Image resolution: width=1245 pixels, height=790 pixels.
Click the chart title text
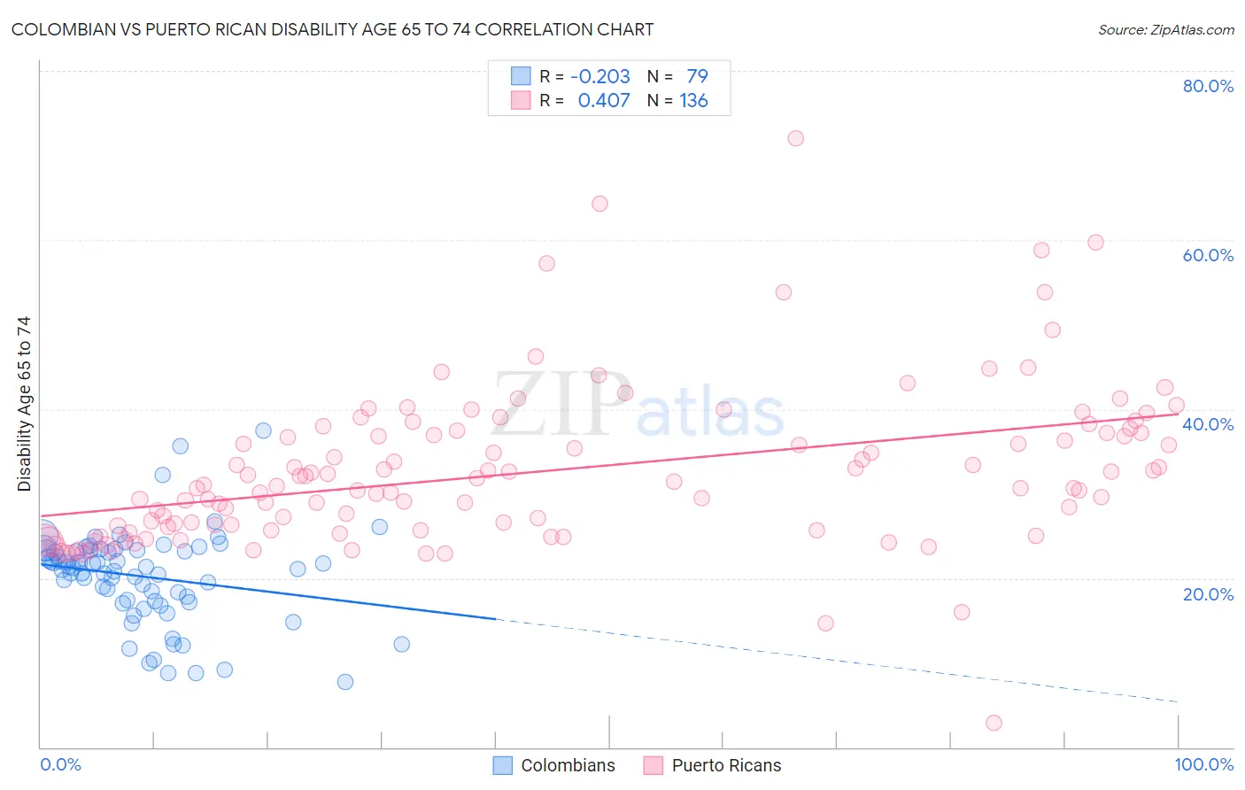[332, 29]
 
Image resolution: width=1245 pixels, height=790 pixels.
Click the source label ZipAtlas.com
[1165, 29]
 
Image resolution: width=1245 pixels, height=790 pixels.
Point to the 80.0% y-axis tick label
[1208, 86]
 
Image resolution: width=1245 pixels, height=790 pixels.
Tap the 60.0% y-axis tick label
[1208, 255]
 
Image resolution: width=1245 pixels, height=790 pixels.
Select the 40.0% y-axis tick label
[1208, 424]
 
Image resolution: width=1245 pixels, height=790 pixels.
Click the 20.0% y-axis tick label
[1208, 593]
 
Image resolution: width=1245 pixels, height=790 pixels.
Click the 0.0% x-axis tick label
[60, 764]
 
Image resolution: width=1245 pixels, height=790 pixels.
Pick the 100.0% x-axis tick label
[1204, 764]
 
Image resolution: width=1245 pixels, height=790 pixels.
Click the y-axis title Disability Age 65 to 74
[24, 403]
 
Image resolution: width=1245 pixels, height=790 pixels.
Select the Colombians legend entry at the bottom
[554, 765]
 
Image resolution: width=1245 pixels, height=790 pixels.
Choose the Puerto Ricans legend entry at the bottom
[713, 765]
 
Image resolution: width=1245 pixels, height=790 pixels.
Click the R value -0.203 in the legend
[599, 76]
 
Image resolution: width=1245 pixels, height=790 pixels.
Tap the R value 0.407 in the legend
[603, 100]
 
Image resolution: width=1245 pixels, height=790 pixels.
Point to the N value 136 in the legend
[693, 100]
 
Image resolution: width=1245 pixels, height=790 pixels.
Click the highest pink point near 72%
[795, 138]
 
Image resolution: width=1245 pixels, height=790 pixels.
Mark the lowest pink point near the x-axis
[994, 723]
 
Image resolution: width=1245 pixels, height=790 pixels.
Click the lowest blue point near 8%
[345, 681]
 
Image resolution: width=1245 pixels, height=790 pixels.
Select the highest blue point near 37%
[263, 430]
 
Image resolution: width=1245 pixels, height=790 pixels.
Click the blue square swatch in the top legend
[521, 76]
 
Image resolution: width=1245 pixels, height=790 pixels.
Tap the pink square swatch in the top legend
[521, 100]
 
